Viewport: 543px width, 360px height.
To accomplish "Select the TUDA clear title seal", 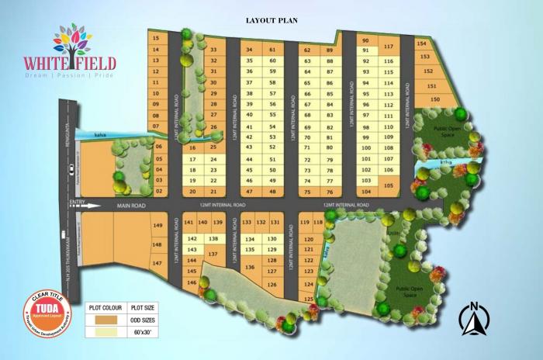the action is click(x=47, y=313).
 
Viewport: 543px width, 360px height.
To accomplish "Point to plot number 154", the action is click(x=422, y=44).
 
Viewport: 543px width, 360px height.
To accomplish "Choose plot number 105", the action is click(x=389, y=185).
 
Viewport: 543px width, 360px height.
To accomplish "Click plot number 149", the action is click(x=157, y=225).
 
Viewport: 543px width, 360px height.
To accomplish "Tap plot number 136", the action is click(x=250, y=267).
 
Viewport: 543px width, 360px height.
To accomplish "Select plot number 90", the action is click(x=365, y=40).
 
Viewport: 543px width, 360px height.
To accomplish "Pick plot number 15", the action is click(x=156, y=37).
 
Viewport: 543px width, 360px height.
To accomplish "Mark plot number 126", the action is click(x=271, y=285).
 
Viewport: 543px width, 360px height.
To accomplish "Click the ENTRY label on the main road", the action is click(x=77, y=203).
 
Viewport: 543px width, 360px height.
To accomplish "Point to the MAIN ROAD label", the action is click(x=131, y=206).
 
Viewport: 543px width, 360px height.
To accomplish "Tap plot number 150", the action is click(x=435, y=99).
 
